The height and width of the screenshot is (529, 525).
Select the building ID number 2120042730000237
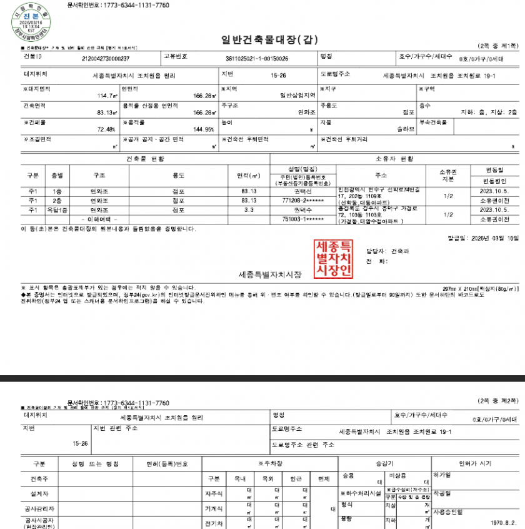point(106,59)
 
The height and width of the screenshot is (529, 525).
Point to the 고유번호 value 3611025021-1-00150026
point(257,59)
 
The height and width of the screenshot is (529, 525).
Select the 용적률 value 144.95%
point(204,129)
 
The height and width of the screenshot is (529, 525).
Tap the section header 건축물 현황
point(144,159)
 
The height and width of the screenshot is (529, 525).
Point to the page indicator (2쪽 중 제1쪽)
point(497,46)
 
